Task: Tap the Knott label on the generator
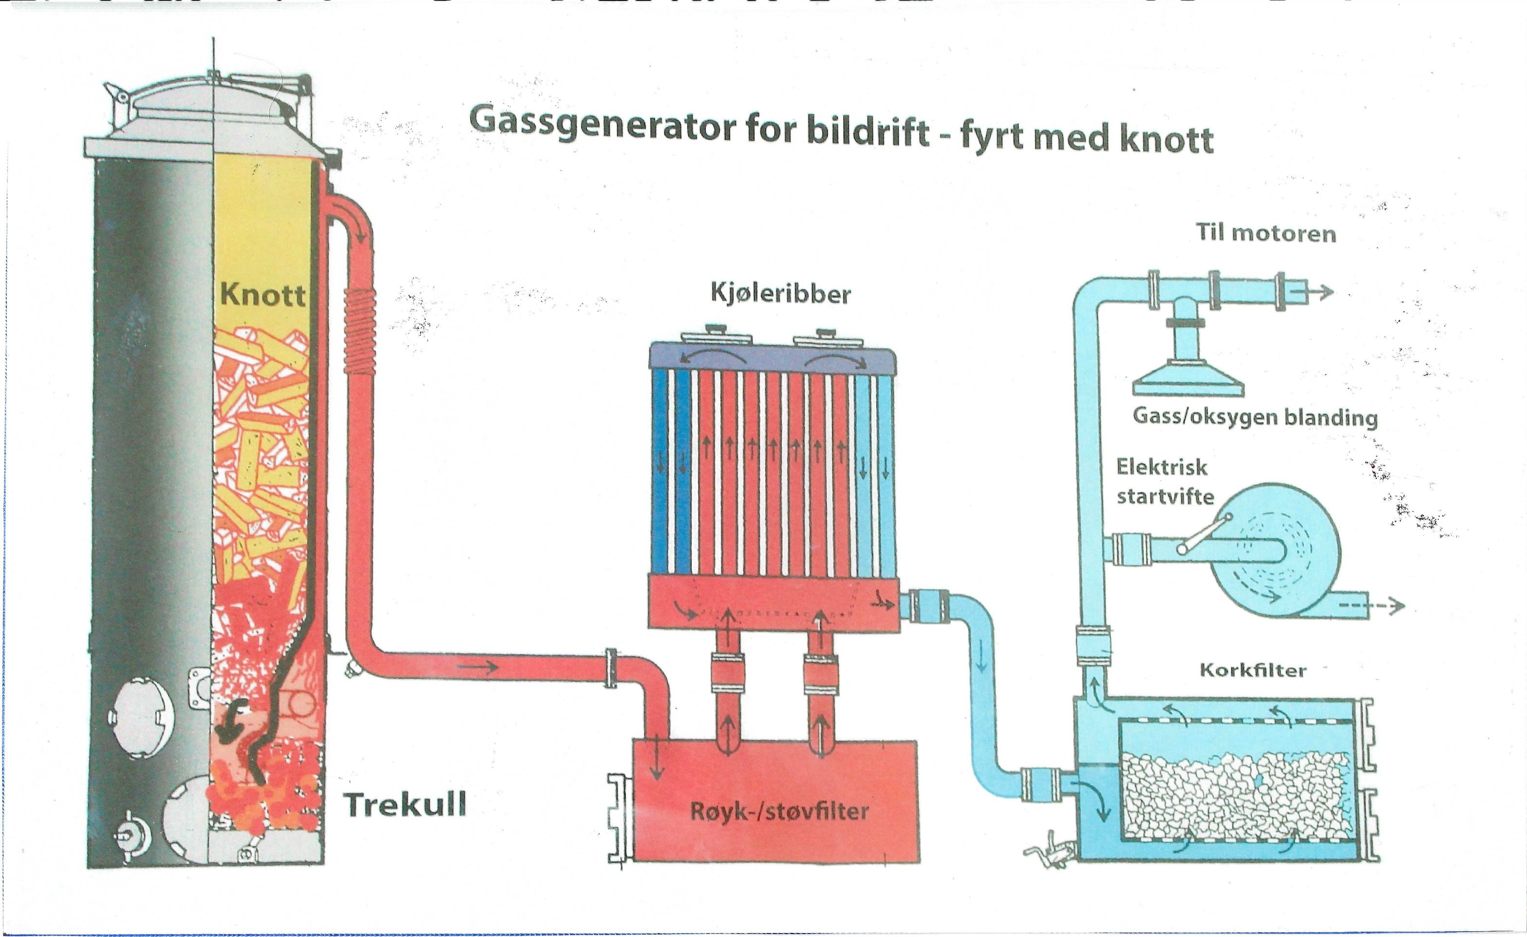point(262,294)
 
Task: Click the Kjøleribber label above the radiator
point(780,294)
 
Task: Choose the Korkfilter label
point(1253,670)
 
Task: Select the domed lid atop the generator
point(214,112)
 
